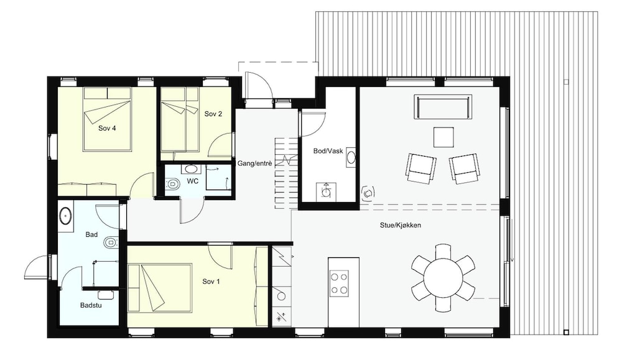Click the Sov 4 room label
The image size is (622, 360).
[107, 129]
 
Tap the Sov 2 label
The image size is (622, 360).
[213, 114]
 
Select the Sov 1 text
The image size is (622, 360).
[211, 282]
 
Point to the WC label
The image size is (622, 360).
[193, 181]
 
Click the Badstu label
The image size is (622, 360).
[91, 305]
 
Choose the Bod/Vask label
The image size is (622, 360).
[328, 151]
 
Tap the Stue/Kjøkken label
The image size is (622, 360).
[400, 225]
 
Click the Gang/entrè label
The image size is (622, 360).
[254, 163]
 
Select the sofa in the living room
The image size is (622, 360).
[443, 107]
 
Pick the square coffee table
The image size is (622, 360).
[443, 137]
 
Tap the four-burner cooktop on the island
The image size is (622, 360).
[340, 283]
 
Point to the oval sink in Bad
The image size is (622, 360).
[65, 216]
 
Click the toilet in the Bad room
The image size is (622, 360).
[111, 242]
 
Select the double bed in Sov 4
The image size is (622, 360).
[107, 119]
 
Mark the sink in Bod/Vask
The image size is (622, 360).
[351, 157]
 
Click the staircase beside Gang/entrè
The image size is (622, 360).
[286, 173]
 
